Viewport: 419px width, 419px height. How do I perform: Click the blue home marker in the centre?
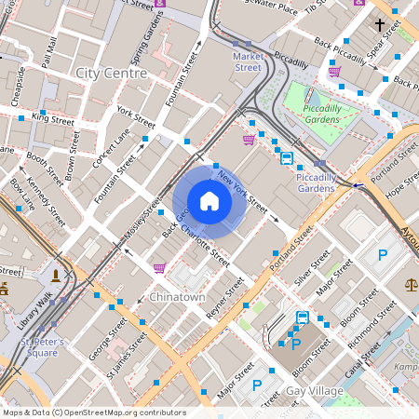pyautogui.click(x=209, y=201)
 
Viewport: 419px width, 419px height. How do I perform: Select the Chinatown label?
pyautogui.click(x=177, y=297)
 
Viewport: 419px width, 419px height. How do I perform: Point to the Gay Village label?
pyautogui.click(x=316, y=391)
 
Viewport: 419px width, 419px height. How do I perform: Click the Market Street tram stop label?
pyautogui.click(x=247, y=61)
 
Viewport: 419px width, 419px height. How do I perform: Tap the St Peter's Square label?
pyautogui.click(x=43, y=347)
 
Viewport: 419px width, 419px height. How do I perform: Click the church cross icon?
pyautogui.click(x=379, y=24)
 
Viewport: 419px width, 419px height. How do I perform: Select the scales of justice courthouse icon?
pyautogui.click(x=411, y=283)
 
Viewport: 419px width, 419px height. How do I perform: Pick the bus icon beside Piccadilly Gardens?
pyautogui.click(x=287, y=158)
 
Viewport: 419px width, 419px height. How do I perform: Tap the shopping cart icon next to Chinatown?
pyautogui.click(x=159, y=268)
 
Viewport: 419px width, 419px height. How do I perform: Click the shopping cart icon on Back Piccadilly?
pyautogui.click(x=334, y=71)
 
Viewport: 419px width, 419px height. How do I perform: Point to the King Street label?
pyautogui.click(x=52, y=119)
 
